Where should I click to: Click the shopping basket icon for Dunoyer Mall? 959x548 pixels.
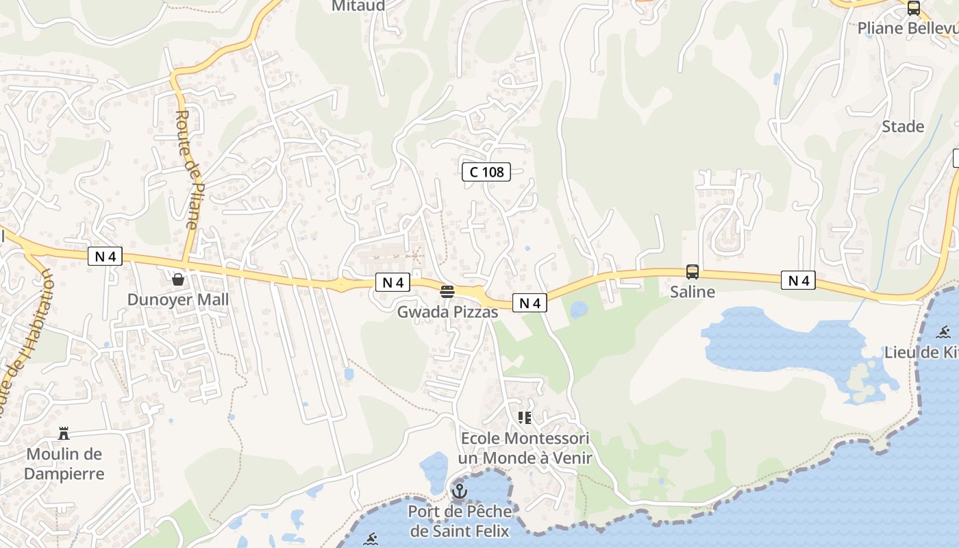coord(178,279)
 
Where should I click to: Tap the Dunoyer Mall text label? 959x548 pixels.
coord(178,299)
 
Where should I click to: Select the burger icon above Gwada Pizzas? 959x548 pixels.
coord(447,292)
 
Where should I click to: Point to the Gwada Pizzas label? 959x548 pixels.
coord(447,312)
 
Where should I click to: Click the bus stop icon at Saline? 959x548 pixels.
coord(693,272)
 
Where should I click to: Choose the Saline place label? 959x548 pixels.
coord(693,292)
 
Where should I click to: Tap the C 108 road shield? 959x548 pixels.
coord(486,172)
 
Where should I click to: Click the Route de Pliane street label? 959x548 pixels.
coord(187,169)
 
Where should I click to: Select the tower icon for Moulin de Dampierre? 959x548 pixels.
coord(64,433)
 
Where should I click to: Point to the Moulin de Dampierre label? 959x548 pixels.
coord(64,464)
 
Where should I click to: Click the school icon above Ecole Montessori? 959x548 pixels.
coord(525,418)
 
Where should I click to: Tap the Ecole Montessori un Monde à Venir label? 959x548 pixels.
coord(525,448)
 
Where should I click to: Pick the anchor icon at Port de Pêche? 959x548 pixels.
coord(459,491)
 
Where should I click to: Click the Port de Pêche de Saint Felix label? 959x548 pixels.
coord(460,521)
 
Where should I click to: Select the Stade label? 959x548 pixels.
coord(903,127)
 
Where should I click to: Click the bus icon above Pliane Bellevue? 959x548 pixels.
coord(913,8)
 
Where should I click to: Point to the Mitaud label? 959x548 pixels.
coord(358,6)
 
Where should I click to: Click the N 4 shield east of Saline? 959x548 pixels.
coord(799,280)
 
